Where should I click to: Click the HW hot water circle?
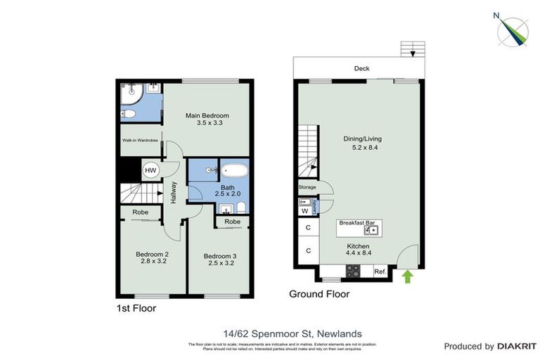tap(150, 170)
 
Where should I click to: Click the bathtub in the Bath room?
tap(235, 171)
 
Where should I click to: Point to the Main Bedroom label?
tap(207, 115)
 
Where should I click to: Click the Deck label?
tap(361, 68)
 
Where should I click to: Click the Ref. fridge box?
tap(380, 271)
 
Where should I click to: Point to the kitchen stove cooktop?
tap(352, 271)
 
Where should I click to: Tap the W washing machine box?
tap(304, 210)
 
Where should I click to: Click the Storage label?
tap(307, 188)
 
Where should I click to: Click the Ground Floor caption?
tap(319, 294)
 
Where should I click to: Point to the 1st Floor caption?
tap(136, 308)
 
